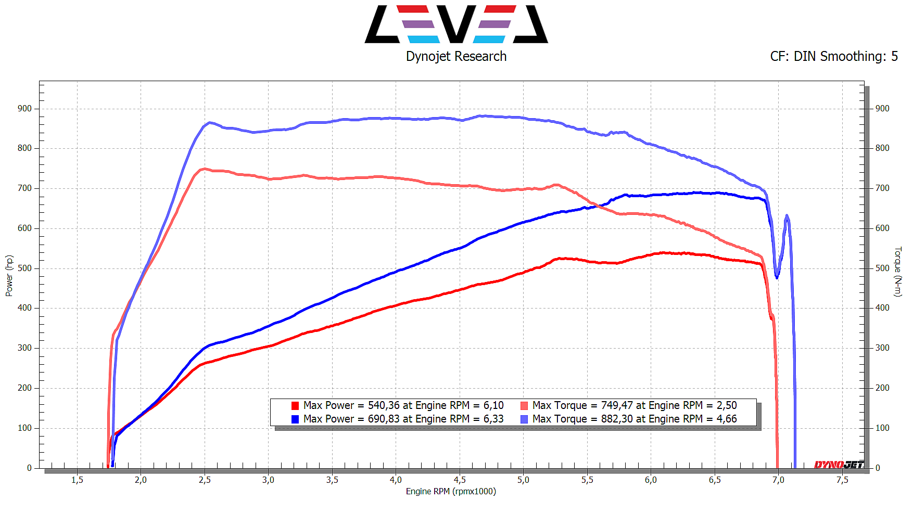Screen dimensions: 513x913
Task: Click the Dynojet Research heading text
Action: (x=456, y=56)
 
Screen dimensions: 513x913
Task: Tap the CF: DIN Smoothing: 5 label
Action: (x=834, y=56)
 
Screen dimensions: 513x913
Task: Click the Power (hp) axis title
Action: (x=9, y=276)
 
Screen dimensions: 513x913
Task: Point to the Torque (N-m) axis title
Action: (x=898, y=272)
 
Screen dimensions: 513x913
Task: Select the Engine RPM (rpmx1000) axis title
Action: (x=451, y=492)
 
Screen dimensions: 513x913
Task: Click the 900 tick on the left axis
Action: (x=24, y=109)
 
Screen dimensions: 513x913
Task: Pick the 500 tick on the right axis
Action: (x=882, y=268)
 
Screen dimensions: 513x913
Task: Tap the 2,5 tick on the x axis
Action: (x=205, y=480)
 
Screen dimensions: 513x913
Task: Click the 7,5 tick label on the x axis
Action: (x=842, y=480)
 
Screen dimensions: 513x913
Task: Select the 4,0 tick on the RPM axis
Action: (x=396, y=480)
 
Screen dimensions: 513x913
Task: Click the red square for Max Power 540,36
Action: (x=295, y=406)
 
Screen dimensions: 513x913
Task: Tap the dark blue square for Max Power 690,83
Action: (x=295, y=419)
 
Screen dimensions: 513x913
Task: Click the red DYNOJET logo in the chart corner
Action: (x=839, y=464)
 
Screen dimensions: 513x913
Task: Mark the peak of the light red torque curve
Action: (x=205, y=169)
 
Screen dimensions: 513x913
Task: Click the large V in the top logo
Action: (x=456, y=24)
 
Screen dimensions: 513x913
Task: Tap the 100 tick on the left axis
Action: (x=24, y=428)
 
